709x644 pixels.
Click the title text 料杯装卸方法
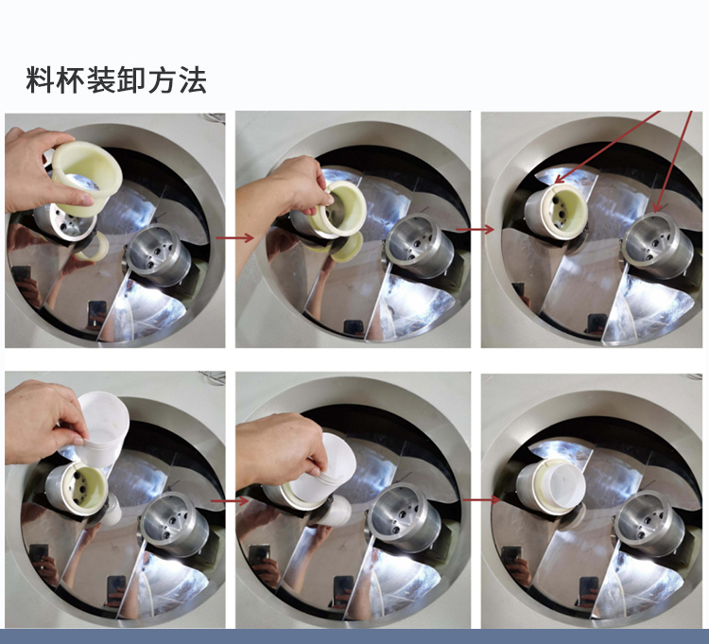116,80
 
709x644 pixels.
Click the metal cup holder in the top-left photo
158,254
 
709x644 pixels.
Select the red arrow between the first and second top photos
234,237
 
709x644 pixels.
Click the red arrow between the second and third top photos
475,230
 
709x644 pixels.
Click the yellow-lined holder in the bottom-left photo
77,489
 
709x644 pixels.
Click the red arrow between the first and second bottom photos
230,500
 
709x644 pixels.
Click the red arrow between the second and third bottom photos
481,499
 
